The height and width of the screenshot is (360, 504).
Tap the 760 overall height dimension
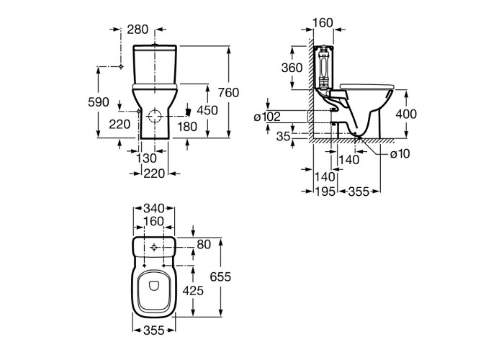228,92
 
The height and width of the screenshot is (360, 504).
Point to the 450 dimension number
207,110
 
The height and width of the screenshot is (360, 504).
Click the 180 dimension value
186,126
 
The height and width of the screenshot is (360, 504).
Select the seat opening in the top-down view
153,291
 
